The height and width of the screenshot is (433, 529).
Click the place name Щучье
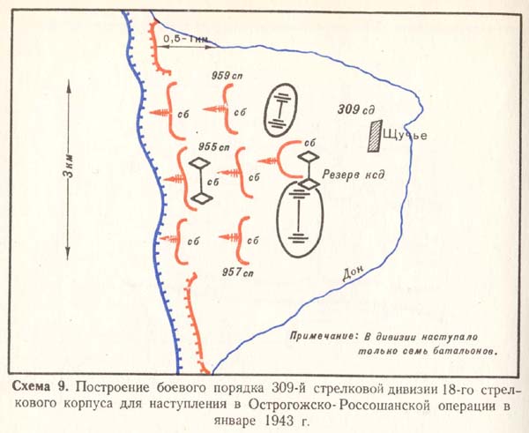(x=406, y=135)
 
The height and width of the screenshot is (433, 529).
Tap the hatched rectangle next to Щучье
(x=376, y=132)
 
